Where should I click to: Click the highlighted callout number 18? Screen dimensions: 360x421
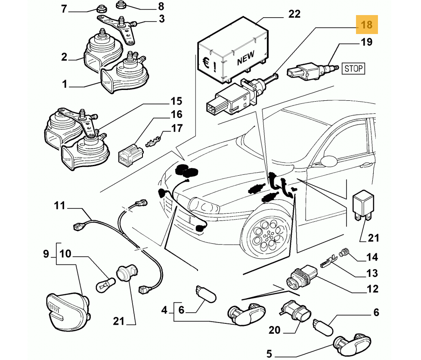click(x=366, y=25)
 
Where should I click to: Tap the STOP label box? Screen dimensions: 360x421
click(x=353, y=68)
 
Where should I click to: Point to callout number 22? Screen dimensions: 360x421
click(x=294, y=14)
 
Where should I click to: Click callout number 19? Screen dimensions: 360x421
click(x=366, y=42)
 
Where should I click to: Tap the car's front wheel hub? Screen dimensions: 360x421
click(x=268, y=236)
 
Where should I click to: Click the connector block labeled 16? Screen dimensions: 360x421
click(x=129, y=155)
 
